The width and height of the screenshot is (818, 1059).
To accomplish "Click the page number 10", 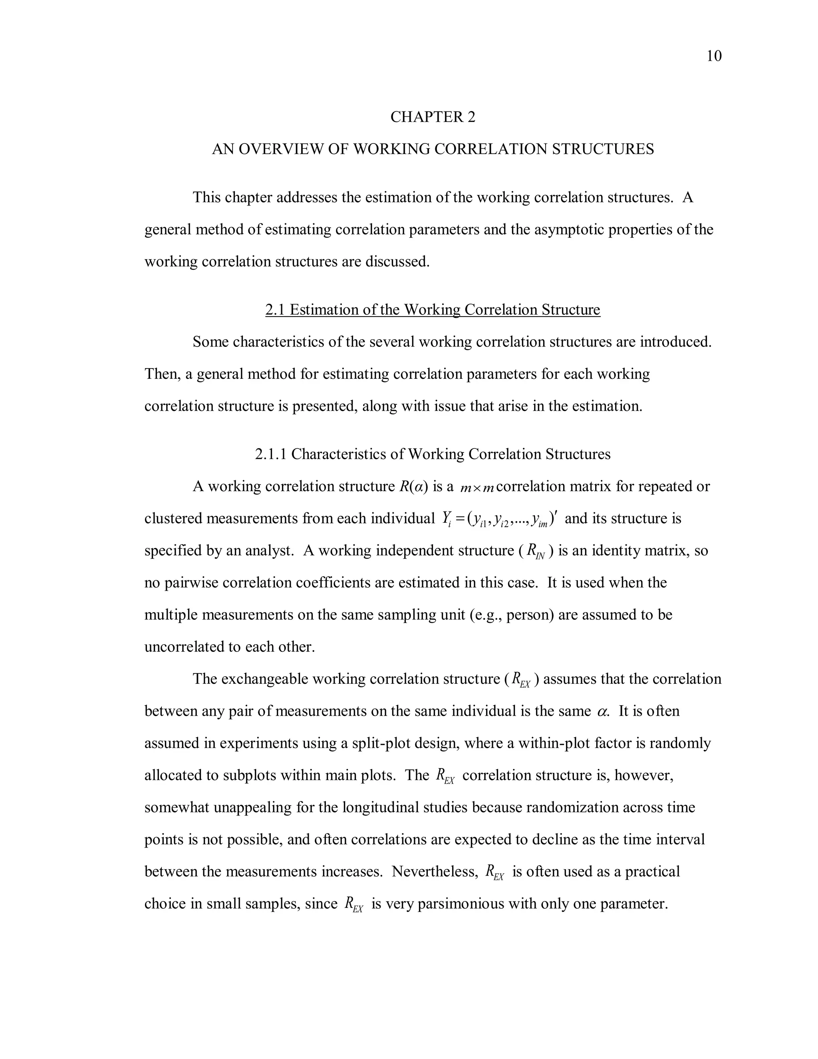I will point(714,56).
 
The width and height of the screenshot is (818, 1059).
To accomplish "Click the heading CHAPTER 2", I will point(433,117).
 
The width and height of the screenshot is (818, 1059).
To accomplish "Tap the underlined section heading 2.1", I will point(432,309).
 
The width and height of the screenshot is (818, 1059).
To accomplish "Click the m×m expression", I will point(477,487).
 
